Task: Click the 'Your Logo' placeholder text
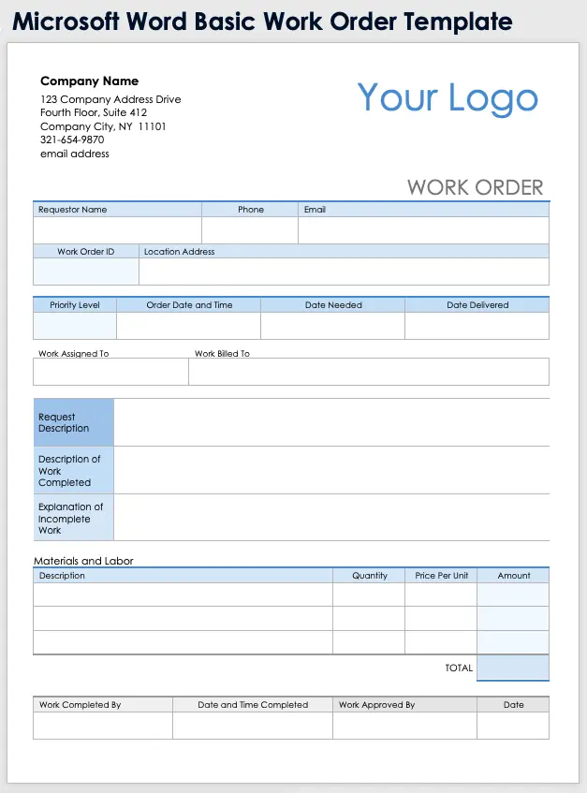tap(448, 98)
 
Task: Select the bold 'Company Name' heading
tap(89, 81)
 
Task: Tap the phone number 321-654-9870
tap(72, 140)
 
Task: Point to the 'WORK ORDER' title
tap(475, 187)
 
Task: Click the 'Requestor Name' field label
tap(72, 210)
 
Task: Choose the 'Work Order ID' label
tap(85, 252)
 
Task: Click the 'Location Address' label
tap(179, 252)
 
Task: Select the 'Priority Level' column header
tap(75, 305)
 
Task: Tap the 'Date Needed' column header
tap(333, 305)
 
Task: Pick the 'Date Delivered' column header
tap(477, 305)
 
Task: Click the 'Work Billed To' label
tap(222, 354)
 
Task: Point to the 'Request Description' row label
tap(64, 422)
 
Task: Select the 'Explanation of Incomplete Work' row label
tap(70, 518)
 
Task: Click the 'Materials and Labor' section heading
tap(83, 561)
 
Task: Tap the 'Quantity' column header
tap(370, 576)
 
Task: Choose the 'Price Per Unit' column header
tap(442, 576)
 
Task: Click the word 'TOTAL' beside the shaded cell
tap(459, 668)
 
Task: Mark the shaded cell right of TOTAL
tap(513, 668)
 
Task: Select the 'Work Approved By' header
tap(376, 705)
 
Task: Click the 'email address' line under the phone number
tap(75, 154)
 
